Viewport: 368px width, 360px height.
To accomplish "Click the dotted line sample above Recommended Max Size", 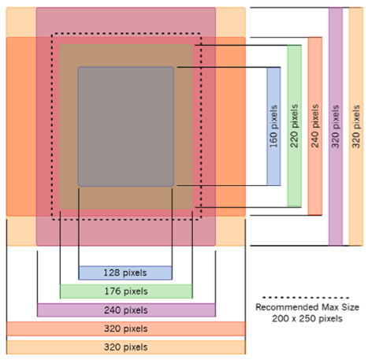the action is pos(306,298).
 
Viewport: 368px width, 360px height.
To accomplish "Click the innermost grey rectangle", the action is pos(126,127).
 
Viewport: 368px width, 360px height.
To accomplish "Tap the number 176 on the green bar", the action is pos(113,291).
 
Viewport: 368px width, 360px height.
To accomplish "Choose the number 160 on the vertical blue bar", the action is pos(273,139).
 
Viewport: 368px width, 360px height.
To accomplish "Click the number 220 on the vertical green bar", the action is pos(294,139).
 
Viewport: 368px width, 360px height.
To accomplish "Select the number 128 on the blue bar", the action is pos(112,273).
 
